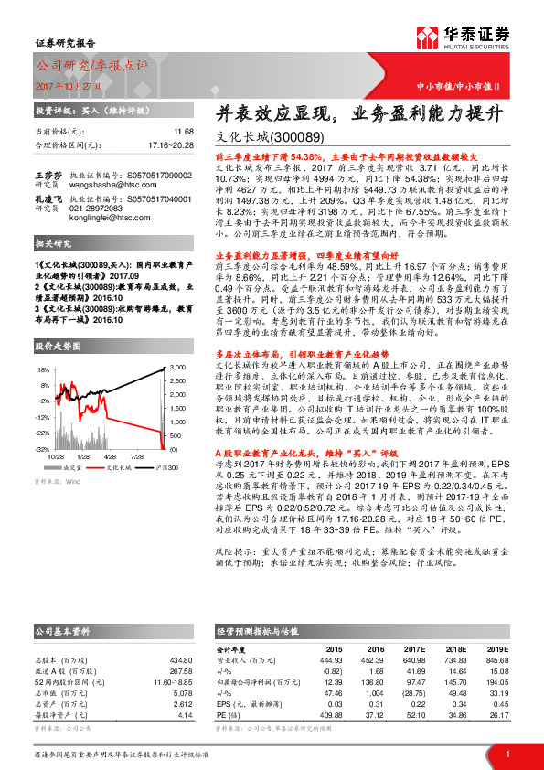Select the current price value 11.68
pyautogui.click(x=183, y=133)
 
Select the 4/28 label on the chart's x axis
pyautogui.click(x=110, y=455)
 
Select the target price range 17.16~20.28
pyautogui.click(x=172, y=144)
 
